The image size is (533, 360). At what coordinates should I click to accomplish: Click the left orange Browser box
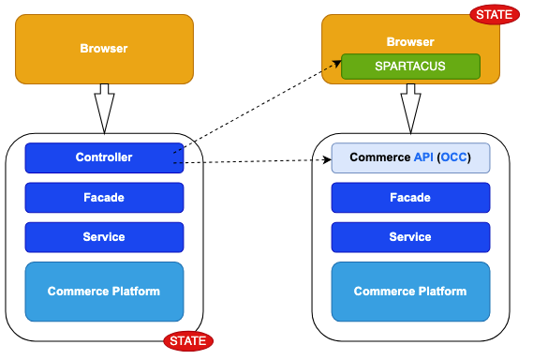103,48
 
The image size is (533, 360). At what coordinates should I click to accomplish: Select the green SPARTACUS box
409,67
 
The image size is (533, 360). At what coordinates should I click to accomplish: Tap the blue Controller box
103,157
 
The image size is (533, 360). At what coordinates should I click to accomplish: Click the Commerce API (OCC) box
410,157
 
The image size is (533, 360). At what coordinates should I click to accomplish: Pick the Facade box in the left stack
103,198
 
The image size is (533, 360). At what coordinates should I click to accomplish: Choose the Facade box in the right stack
410,198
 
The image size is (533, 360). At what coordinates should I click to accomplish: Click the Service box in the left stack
103,237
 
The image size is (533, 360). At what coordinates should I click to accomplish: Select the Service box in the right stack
410,237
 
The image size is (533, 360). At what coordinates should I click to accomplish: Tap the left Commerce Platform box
103,292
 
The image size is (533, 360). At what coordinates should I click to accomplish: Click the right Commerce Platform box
410,292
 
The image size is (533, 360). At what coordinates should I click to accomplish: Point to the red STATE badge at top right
494,14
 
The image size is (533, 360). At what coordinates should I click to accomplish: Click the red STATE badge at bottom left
188,340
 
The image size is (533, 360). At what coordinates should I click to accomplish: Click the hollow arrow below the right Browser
410,108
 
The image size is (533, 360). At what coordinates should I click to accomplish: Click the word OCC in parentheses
453,157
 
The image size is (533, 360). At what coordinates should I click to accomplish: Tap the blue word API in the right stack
424,157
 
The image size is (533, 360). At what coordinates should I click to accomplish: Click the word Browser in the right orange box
410,42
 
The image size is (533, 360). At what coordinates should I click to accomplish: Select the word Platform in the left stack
136,292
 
